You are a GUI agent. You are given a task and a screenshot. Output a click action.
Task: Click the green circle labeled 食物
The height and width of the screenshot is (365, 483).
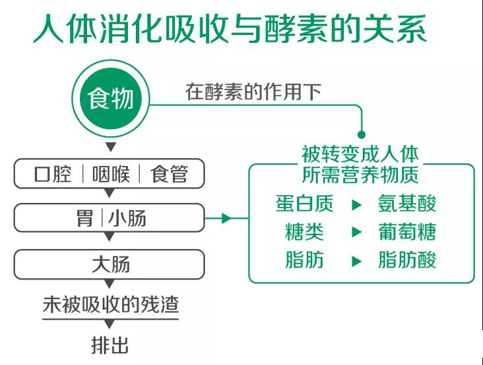111,98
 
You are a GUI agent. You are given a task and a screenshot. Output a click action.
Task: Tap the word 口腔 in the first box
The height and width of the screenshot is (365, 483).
53,174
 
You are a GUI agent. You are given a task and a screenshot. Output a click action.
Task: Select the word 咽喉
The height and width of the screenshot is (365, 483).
111,174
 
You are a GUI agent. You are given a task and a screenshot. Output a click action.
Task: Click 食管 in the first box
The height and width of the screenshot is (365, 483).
169,174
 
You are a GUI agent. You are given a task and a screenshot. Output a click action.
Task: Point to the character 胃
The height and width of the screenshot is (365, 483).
84,218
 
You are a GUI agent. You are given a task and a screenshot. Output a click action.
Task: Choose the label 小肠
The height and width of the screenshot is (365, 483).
127,218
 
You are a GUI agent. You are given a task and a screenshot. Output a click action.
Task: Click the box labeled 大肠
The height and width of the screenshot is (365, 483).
109,264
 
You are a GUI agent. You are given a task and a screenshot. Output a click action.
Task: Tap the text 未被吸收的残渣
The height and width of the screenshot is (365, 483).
111,305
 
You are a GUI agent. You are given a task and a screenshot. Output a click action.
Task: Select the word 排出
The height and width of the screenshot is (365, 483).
110,345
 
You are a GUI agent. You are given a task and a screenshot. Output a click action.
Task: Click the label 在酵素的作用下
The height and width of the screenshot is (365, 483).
253,92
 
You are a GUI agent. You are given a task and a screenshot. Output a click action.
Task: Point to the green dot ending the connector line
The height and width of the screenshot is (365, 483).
362,134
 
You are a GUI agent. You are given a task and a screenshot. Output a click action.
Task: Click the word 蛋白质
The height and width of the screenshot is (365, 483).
304,204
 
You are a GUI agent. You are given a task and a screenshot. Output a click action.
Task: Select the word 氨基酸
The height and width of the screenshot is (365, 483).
407,204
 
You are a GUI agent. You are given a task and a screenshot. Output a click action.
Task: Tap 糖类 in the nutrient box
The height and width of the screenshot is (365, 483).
304,232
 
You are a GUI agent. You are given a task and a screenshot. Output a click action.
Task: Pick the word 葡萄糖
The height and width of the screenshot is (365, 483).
407,232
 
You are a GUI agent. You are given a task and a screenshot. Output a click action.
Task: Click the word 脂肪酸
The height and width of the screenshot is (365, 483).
407,260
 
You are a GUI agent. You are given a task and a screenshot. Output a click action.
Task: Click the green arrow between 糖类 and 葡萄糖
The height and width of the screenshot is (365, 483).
356,232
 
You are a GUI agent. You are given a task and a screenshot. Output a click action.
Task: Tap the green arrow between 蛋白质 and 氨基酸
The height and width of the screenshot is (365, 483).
356,204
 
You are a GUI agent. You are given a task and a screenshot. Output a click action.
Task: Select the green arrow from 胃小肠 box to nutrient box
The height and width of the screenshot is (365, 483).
227,218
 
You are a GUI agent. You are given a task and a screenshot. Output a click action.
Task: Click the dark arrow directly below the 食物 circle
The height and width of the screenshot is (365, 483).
111,146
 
